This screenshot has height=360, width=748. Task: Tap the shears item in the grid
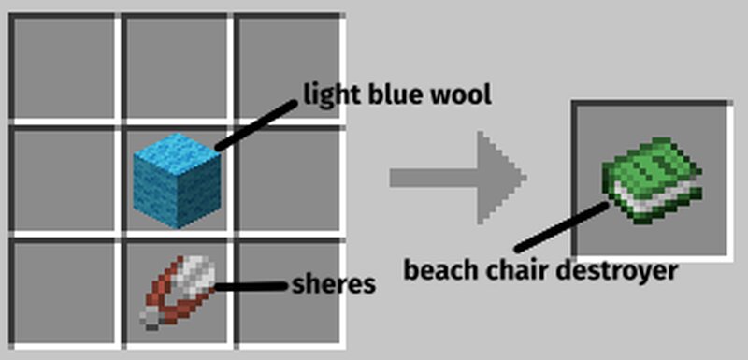point(178,290)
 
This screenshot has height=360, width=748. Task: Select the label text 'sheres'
point(334,284)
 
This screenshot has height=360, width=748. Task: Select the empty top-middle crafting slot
point(176,67)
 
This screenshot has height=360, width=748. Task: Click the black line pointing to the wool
point(258,122)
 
